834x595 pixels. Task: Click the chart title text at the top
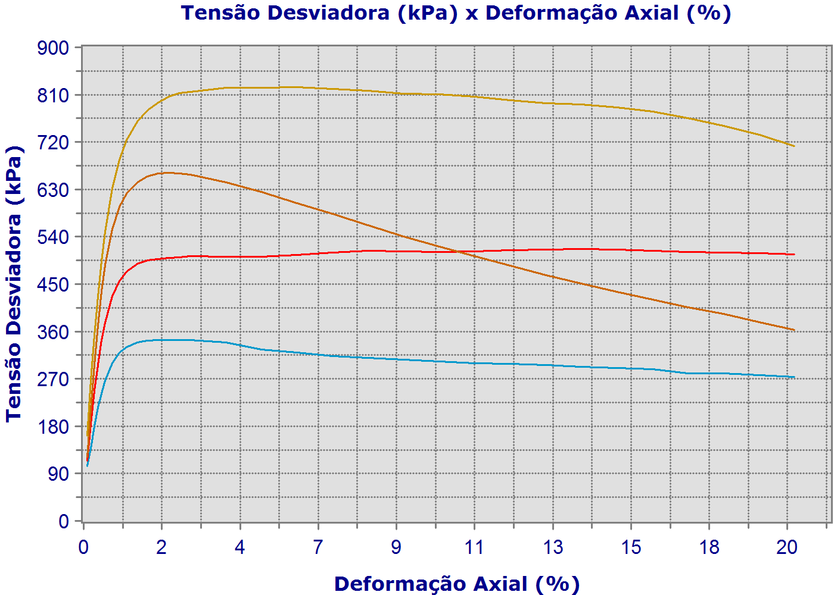tap(456, 12)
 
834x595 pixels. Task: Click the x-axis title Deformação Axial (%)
tap(456, 584)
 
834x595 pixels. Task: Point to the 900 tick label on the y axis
tap(54, 48)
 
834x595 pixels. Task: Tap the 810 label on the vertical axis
tap(54, 95)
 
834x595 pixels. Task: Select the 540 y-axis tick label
tap(54, 237)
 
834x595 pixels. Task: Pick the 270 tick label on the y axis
tap(54, 379)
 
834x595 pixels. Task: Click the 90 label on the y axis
tap(60, 474)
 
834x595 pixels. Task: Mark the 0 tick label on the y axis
tap(64, 521)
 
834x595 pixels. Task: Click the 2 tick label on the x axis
tap(161, 547)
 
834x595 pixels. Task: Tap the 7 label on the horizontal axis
tap(318, 547)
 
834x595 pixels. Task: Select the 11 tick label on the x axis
tap(474, 547)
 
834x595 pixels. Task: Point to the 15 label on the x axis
tap(631, 547)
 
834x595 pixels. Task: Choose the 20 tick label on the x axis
tap(787, 547)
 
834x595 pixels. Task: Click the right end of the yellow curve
tap(794, 146)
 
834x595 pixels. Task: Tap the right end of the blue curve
tap(794, 377)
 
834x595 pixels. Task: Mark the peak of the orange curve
tap(166, 173)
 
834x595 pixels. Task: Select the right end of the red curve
tap(794, 255)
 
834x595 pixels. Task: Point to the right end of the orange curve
tap(794, 330)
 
